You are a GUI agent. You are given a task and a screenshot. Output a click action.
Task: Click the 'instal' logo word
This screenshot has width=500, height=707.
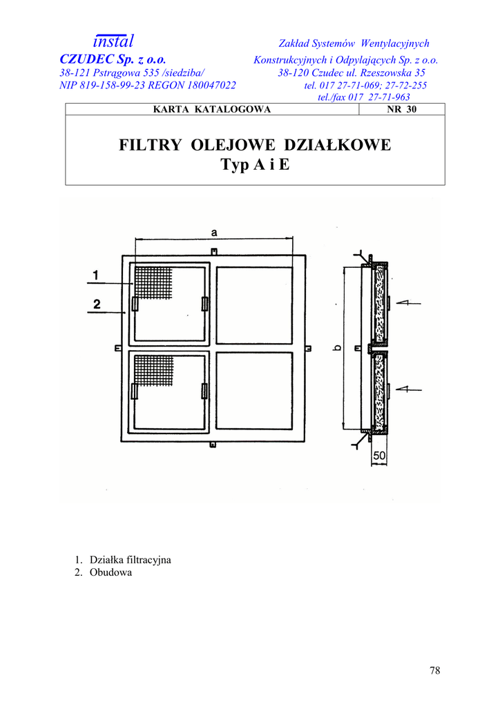coord(113,41)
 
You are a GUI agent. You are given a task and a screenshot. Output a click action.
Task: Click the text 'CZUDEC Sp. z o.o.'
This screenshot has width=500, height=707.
coord(113,59)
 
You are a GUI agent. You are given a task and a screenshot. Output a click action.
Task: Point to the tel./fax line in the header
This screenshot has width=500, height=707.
coord(364,97)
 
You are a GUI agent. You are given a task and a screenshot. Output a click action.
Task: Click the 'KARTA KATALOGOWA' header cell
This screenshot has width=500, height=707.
coord(212,109)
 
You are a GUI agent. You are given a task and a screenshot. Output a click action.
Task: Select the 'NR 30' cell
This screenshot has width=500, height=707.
coord(402,109)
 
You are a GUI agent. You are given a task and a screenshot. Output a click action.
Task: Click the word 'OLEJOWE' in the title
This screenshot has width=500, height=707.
coord(233,145)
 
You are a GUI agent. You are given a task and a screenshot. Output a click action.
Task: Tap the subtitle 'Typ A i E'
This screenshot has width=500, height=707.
coord(256,164)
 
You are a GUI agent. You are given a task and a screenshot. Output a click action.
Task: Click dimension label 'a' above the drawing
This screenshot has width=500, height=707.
coord(213,233)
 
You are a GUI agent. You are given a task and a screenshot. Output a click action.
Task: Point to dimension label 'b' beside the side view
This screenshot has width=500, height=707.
coord(338,348)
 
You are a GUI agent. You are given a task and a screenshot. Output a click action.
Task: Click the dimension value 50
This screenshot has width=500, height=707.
coord(379,456)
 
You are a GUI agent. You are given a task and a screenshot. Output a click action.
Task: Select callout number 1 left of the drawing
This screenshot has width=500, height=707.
coord(95,275)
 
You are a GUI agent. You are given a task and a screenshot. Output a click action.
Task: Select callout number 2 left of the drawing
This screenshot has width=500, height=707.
coord(97,304)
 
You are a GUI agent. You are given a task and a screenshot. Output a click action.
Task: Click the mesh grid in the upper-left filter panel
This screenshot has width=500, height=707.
coord(153,282)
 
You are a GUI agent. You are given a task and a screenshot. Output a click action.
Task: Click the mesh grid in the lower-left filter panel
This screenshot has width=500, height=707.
coord(153,370)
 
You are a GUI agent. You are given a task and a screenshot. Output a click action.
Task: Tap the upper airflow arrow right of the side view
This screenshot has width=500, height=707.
coord(408,303)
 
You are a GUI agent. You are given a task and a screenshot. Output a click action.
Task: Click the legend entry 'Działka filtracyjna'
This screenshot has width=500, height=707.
coord(131,560)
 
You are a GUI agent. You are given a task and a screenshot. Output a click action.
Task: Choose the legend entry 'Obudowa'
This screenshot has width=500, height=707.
coord(111,572)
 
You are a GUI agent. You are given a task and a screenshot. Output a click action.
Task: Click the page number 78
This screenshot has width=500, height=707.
coord(435,670)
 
